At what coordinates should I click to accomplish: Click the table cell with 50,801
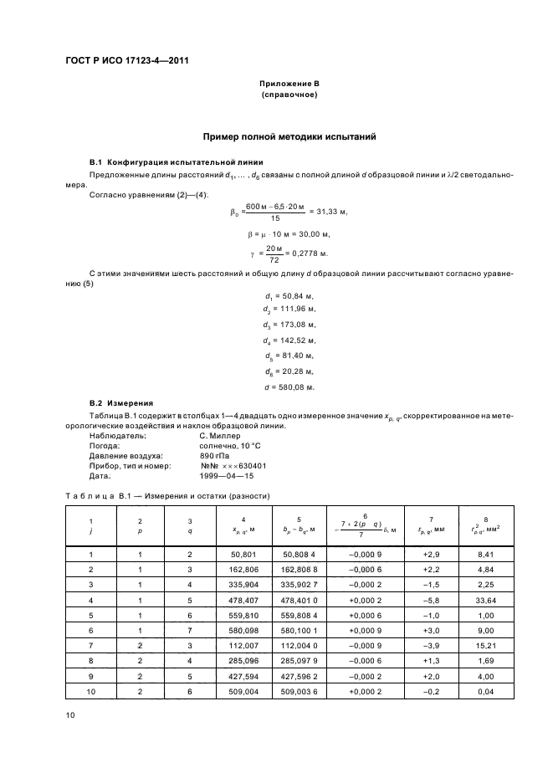click(243, 555)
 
